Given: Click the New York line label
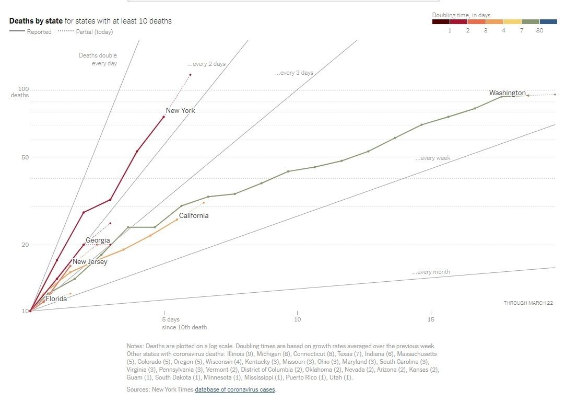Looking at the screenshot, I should [x=180, y=110].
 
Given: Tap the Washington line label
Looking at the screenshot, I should [x=507, y=93].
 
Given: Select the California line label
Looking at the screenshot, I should [x=193, y=215].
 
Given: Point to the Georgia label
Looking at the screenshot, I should [x=98, y=240].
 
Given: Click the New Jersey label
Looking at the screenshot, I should [x=90, y=261].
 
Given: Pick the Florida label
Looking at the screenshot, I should [x=56, y=299].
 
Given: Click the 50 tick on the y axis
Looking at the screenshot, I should [x=23, y=157].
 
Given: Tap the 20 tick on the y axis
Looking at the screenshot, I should [x=23, y=245].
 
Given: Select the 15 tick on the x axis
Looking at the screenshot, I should [x=431, y=319].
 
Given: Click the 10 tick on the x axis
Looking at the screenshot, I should [x=297, y=319].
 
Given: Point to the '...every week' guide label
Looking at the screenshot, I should [x=433, y=158].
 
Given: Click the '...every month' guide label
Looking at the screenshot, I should [x=431, y=272].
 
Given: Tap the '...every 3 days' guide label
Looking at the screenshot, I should [x=294, y=73].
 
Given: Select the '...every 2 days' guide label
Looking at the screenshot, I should [x=206, y=64].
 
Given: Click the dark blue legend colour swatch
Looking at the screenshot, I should [x=548, y=22].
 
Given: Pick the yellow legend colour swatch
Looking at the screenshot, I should [x=512, y=22].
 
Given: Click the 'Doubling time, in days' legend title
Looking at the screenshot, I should [x=461, y=15].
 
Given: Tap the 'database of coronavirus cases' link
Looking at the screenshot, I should [x=235, y=389].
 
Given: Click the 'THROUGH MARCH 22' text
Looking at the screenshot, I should [x=528, y=303].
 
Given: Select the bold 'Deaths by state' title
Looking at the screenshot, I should [x=36, y=21].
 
